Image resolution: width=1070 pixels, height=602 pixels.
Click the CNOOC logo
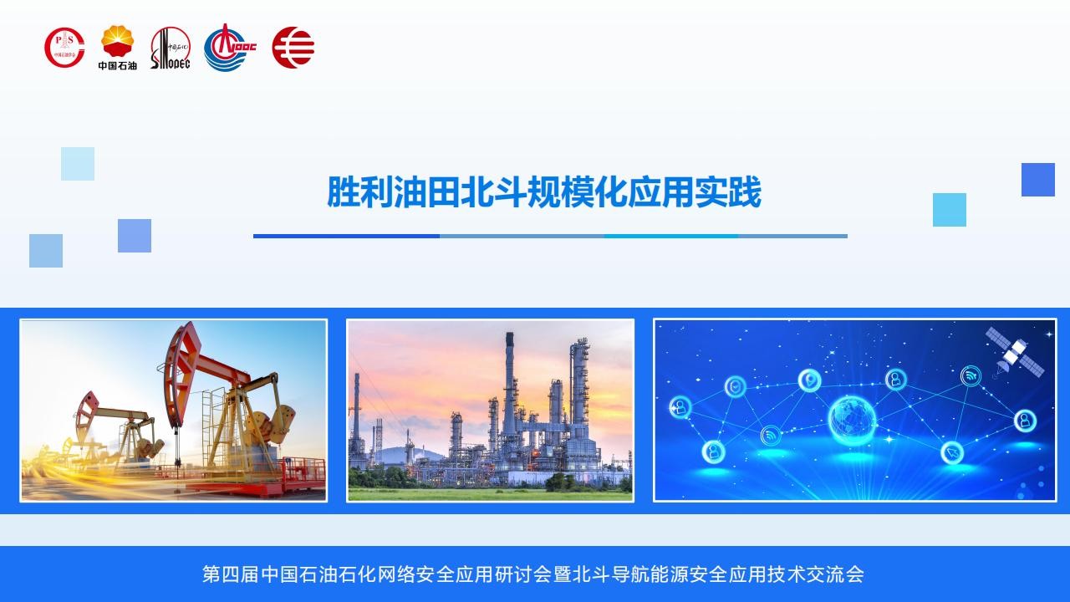(230, 48)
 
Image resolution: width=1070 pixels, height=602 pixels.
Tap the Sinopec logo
(171, 48)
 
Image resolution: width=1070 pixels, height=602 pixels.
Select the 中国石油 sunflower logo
(118, 48)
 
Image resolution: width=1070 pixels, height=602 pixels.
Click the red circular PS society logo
(64, 48)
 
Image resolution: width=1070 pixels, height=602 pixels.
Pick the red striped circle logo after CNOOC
(293, 48)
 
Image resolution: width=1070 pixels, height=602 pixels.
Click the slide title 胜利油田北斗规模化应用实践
(543, 192)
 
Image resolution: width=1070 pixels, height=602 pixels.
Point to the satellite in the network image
(1014, 353)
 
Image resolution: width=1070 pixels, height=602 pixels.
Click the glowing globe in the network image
(852, 421)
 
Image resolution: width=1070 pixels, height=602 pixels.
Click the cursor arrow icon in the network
(952, 452)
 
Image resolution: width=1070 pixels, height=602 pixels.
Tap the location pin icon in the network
(810, 380)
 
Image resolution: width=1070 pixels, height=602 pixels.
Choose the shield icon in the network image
(736, 386)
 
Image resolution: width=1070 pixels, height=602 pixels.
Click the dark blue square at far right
(1038, 180)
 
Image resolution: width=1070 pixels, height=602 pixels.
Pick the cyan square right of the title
(950, 210)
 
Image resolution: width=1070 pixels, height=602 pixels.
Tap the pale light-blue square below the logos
(78, 164)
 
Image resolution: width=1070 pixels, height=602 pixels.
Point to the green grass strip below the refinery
(490, 494)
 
